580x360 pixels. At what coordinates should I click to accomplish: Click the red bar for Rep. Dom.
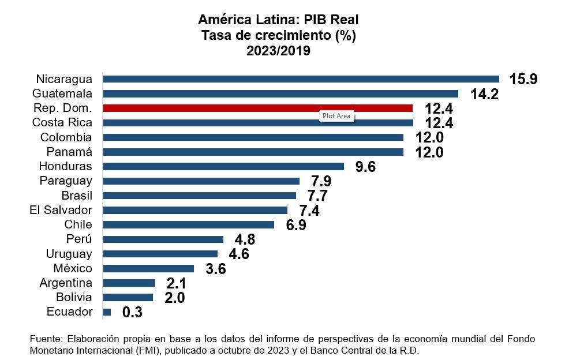click(257, 108)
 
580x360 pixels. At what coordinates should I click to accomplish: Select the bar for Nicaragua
click(301, 79)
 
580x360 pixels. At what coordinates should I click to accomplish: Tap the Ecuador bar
click(107, 312)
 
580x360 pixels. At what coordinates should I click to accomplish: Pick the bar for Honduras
click(223, 166)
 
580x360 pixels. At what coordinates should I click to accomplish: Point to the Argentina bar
click(129, 283)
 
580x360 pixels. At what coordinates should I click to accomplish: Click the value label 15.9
click(523, 79)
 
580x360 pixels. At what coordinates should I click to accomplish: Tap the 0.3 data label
click(132, 312)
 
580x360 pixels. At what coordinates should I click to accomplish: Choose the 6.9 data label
click(295, 224)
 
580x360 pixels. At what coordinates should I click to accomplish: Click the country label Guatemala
click(62, 93)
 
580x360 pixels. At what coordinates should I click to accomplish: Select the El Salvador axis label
click(61, 210)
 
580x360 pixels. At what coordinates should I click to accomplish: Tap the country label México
click(73, 268)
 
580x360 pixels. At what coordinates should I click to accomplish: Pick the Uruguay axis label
click(69, 254)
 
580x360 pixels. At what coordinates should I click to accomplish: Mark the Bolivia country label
click(73, 297)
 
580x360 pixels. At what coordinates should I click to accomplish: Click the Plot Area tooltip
click(336, 115)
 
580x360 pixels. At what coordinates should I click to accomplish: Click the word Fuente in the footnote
click(44, 339)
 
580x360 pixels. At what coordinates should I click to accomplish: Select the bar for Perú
click(163, 239)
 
